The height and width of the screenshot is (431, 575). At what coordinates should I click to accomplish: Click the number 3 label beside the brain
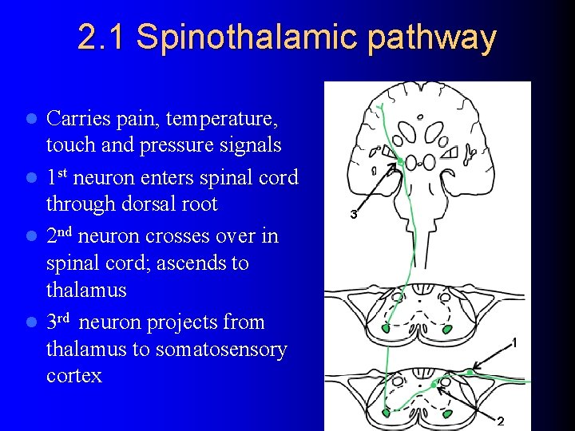point(353,215)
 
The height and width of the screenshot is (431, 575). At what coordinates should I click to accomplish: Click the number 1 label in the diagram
point(514,342)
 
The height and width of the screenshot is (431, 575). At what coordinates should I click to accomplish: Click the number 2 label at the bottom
point(501,421)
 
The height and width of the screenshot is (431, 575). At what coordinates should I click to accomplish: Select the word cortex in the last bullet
point(74,376)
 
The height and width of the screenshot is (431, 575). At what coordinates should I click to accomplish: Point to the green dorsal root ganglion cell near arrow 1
point(471,371)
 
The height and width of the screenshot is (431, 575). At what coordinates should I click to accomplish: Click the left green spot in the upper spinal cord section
point(387,327)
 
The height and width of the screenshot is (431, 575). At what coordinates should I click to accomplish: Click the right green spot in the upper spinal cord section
point(447,328)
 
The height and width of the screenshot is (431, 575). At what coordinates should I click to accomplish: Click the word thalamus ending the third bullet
point(86,290)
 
